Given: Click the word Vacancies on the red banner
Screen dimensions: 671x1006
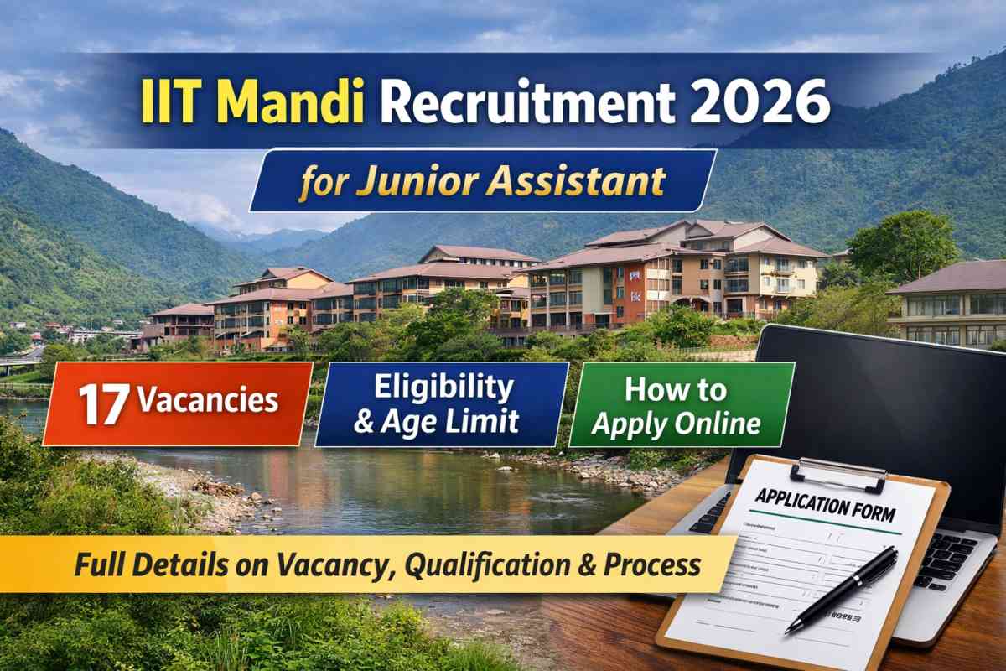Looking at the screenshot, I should tap(207, 400).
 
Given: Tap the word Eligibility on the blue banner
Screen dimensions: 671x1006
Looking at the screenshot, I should tap(443, 388).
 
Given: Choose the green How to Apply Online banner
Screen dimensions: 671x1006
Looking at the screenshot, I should tap(681, 405).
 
